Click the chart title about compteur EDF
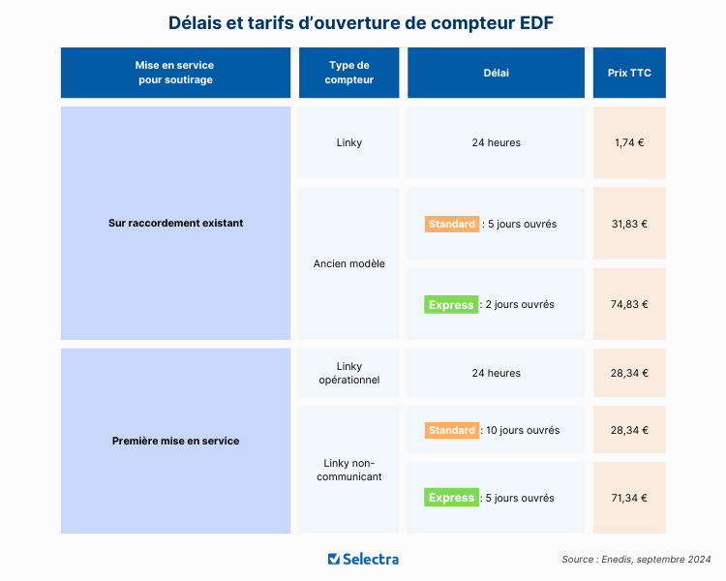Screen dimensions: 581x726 (x=362, y=22)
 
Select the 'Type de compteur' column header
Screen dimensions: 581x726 (x=349, y=73)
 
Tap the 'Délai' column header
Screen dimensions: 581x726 (x=496, y=73)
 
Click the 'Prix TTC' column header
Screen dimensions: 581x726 (x=629, y=73)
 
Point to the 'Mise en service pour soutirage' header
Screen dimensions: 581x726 (x=175, y=73)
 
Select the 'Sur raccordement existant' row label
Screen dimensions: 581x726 (x=175, y=223)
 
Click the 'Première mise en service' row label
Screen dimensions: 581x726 (x=175, y=441)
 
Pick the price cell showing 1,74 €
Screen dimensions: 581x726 (x=629, y=142)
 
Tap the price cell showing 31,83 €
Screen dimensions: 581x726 (x=629, y=224)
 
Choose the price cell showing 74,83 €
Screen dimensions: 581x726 (x=629, y=304)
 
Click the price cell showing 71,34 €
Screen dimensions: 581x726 (x=629, y=498)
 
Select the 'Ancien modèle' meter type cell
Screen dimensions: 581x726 (x=349, y=263)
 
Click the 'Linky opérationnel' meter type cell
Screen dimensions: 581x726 (x=349, y=373)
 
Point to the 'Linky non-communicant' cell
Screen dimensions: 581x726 (x=349, y=470)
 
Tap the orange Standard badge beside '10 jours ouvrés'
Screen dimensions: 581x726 (x=452, y=430)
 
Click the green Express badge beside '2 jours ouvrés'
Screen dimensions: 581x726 (x=452, y=305)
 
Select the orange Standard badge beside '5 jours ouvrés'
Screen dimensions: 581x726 (x=452, y=224)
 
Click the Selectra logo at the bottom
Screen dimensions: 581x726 (x=363, y=559)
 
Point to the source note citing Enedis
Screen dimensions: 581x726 (x=636, y=560)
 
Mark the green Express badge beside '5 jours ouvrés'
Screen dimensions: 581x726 (x=452, y=498)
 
